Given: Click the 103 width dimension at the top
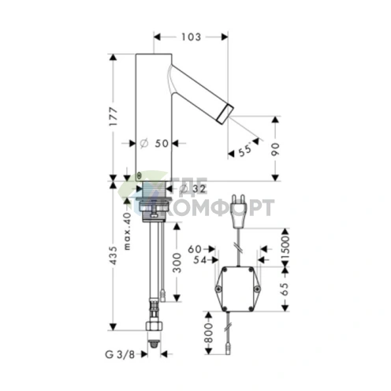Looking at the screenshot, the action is (191, 37).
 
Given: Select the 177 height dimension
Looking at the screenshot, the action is (114, 117).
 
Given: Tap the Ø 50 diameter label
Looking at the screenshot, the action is (155, 143).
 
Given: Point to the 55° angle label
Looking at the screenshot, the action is (245, 151).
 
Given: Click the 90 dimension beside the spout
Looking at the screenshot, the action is (275, 149).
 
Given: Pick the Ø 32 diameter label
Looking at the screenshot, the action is (193, 188).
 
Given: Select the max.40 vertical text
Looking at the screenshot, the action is (127, 231).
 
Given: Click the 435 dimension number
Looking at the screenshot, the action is (114, 255).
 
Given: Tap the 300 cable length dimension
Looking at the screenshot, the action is (177, 263).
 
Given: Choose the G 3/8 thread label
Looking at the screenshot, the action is (120, 355).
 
